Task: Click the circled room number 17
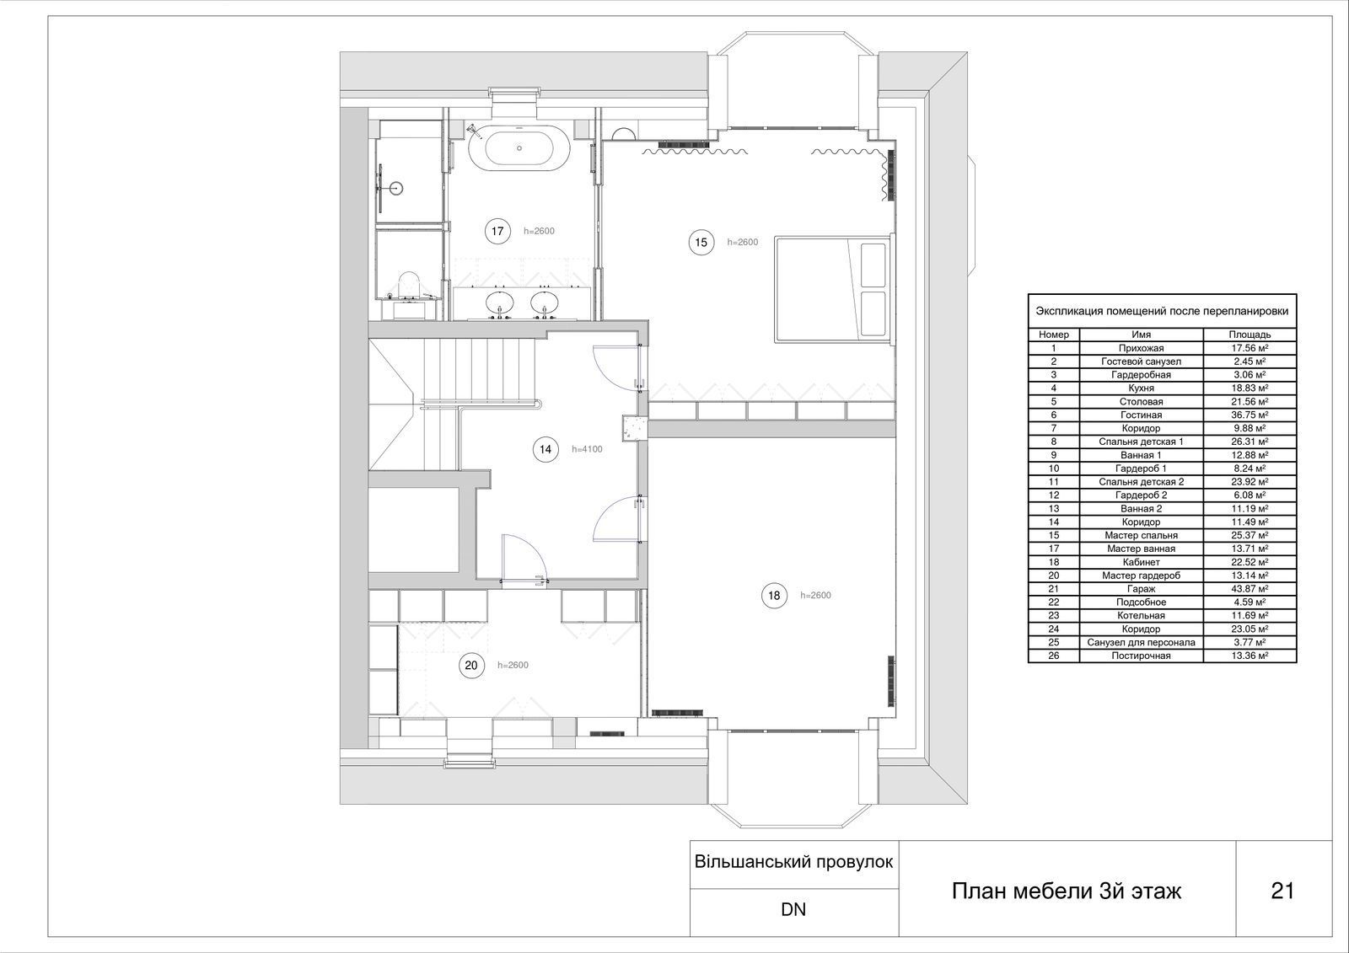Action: click(497, 231)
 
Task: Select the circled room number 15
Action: click(701, 243)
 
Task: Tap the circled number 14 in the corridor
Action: click(546, 449)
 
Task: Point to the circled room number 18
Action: click(774, 596)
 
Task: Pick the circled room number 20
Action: click(471, 665)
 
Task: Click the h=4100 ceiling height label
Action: click(587, 449)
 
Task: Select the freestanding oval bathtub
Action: click(519, 148)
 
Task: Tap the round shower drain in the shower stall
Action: click(395, 188)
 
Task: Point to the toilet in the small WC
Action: click(410, 284)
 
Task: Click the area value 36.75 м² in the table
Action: click(1250, 415)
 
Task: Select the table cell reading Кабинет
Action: click(1141, 562)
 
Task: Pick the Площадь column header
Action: click(1250, 335)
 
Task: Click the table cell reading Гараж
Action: click(1141, 589)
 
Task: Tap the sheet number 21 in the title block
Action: click(1282, 891)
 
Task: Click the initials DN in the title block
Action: click(793, 910)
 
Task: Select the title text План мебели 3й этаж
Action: click(1066, 891)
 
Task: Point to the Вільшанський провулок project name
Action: click(793, 862)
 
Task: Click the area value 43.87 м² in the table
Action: click(1250, 589)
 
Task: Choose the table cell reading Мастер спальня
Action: click(1141, 535)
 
